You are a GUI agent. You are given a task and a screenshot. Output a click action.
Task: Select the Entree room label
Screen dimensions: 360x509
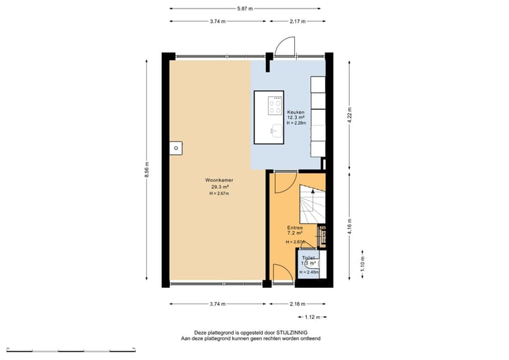click(x=295, y=227)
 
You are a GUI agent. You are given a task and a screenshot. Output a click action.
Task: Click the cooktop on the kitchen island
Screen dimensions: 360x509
click(x=275, y=106)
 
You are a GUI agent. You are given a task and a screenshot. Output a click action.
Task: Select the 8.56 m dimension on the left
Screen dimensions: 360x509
click(x=147, y=170)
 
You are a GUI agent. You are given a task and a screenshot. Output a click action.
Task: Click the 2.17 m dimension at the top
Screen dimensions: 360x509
click(x=298, y=21)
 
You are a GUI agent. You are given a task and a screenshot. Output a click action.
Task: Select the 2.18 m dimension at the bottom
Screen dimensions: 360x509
click(x=298, y=304)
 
